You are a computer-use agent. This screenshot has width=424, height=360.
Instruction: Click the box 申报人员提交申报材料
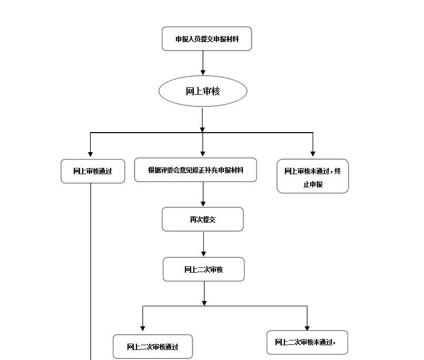pyautogui.click(x=206, y=39)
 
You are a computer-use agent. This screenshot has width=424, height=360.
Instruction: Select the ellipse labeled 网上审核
pyautogui.click(x=203, y=91)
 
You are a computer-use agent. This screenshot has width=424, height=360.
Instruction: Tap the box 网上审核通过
pyautogui.click(x=93, y=171)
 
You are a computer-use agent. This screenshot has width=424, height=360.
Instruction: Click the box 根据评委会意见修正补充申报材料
pyautogui.click(x=195, y=170)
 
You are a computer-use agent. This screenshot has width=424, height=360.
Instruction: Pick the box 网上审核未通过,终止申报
pyautogui.click(x=312, y=176)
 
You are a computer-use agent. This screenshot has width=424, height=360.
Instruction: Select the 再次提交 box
pyautogui.click(x=202, y=219)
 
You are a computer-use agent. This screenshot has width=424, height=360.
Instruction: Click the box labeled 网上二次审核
pyautogui.click(x=203, y=269)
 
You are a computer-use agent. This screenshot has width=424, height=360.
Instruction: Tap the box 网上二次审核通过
pyautogui.click(x=152, y=347)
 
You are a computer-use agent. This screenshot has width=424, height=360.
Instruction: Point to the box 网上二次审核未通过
pyautogui.click(x=307, y=343)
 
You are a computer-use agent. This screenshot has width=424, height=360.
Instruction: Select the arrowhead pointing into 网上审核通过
pyautogui.click(x=91, y=154)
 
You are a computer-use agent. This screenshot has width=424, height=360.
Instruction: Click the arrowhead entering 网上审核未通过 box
pyautogui.click(x=313, y=153)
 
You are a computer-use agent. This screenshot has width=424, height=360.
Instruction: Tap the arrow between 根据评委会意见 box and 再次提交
pyautogui.click(x=203, y=194)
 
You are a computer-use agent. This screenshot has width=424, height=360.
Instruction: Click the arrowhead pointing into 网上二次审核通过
pyautogui.click(x=143, y=328)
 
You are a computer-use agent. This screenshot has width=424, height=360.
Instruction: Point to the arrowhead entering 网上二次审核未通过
pyautogui.click(x=308, y=327)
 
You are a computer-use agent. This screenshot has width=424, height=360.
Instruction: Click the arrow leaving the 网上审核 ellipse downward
pyautogui.click(x=202, y=118)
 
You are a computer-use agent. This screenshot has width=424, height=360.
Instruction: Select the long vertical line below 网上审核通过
pyautogui.click(x=91, y=274)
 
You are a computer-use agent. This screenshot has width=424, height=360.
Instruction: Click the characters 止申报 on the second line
pyautogui.click(x=312, y=185)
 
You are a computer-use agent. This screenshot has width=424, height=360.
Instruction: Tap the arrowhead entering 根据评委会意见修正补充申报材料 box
pyautogui.click(x=203, y=153)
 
